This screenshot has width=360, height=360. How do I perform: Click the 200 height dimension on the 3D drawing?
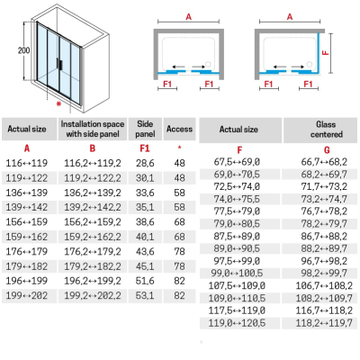tap(23, 50)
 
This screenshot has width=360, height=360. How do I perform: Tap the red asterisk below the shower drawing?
tap(59, 104)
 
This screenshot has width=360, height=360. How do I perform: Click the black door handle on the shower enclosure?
tap(59, 65)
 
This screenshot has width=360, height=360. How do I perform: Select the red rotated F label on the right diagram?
tap(325, 53)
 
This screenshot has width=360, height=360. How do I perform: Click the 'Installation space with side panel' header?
tap(93, 129)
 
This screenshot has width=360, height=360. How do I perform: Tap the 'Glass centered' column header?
tap(326, 130)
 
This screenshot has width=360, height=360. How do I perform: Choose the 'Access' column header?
tap(179, 129)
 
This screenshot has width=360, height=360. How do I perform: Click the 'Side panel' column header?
tap(145, 129)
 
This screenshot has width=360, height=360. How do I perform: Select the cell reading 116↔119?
tap(27, 163)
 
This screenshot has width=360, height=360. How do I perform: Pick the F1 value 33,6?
tap(145, 193)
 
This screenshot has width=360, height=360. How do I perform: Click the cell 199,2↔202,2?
tap(93, 296)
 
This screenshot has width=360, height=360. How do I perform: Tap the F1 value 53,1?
tap(145, 296)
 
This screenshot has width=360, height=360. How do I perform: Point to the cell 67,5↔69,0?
tap(237, 162)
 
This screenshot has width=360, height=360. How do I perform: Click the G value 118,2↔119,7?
tap(324, 323)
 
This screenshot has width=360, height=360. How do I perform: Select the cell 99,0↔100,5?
tap(237, 274)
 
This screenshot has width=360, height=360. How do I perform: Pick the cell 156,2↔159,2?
tap(93, 222)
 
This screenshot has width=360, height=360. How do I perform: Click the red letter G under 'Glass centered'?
tap(327, 149)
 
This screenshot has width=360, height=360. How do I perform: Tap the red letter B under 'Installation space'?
tap(93, 148)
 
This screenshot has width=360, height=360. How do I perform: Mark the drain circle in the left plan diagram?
tap(208, 64)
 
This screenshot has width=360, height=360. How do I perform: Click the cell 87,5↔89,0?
tap(237, 237)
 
